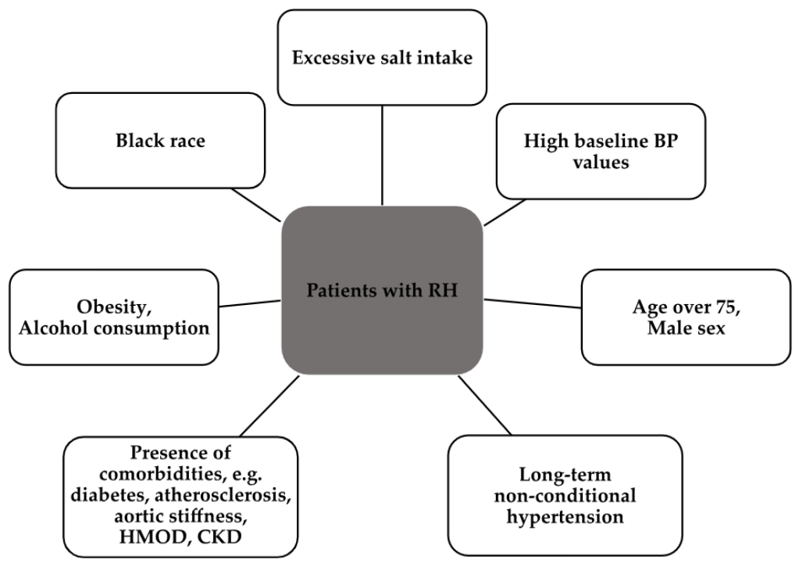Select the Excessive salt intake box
click(382, 57)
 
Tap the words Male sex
click(687, 328)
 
